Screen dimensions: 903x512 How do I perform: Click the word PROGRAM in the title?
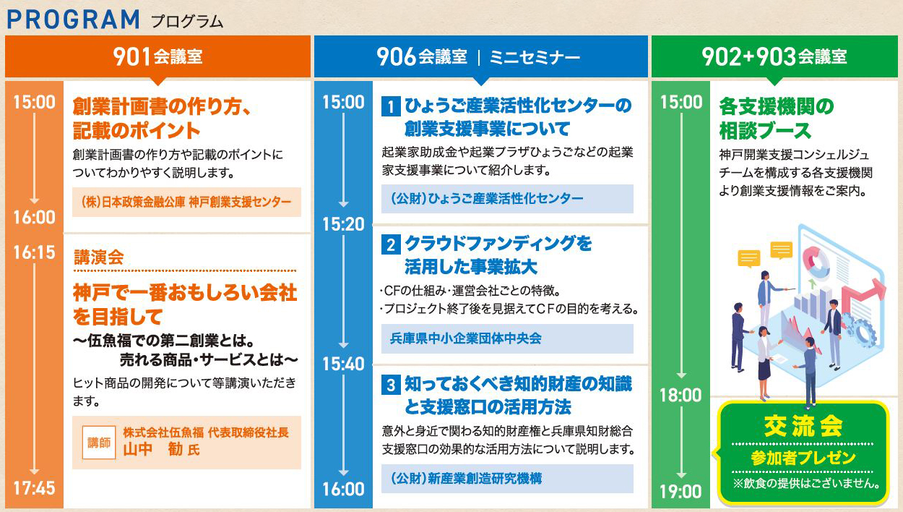(73, 20)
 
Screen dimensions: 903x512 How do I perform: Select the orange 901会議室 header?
(157, 56)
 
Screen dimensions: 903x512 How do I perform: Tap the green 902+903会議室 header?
(774, 56)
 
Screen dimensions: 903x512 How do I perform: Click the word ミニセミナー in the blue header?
(535, 57)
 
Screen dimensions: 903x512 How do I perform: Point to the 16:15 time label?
(34, 252)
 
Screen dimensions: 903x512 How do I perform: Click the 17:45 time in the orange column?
(34, 488)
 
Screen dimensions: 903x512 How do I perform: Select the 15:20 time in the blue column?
(343, 224)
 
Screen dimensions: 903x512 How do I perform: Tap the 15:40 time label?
(343, 364)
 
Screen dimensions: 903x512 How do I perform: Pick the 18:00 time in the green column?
(681, 395)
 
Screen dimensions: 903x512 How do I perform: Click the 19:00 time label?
(681, 492)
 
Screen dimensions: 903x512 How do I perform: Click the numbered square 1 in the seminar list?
(391, 106)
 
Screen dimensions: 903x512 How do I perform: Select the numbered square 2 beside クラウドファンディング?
(391, 244)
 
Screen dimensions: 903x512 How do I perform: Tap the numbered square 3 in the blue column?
(391, 385)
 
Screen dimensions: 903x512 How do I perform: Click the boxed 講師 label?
(99, 443)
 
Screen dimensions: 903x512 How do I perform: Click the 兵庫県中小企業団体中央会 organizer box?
(507, 338)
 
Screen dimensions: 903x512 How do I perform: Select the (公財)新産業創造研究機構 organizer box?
(507, 479)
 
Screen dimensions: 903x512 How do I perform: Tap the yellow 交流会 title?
(803, 426)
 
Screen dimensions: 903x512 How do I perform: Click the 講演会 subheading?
(99, 257)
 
